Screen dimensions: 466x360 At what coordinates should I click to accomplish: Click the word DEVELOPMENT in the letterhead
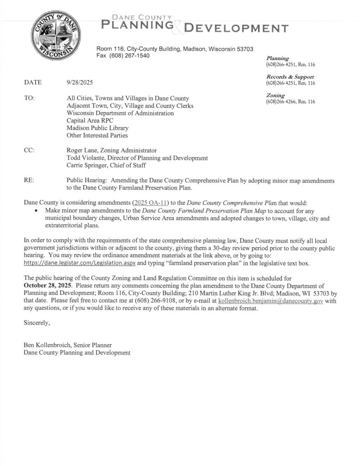pos(235,29)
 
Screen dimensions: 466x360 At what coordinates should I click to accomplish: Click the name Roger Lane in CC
pos(83,150)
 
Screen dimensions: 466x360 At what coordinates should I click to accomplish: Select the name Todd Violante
pos(85,158)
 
